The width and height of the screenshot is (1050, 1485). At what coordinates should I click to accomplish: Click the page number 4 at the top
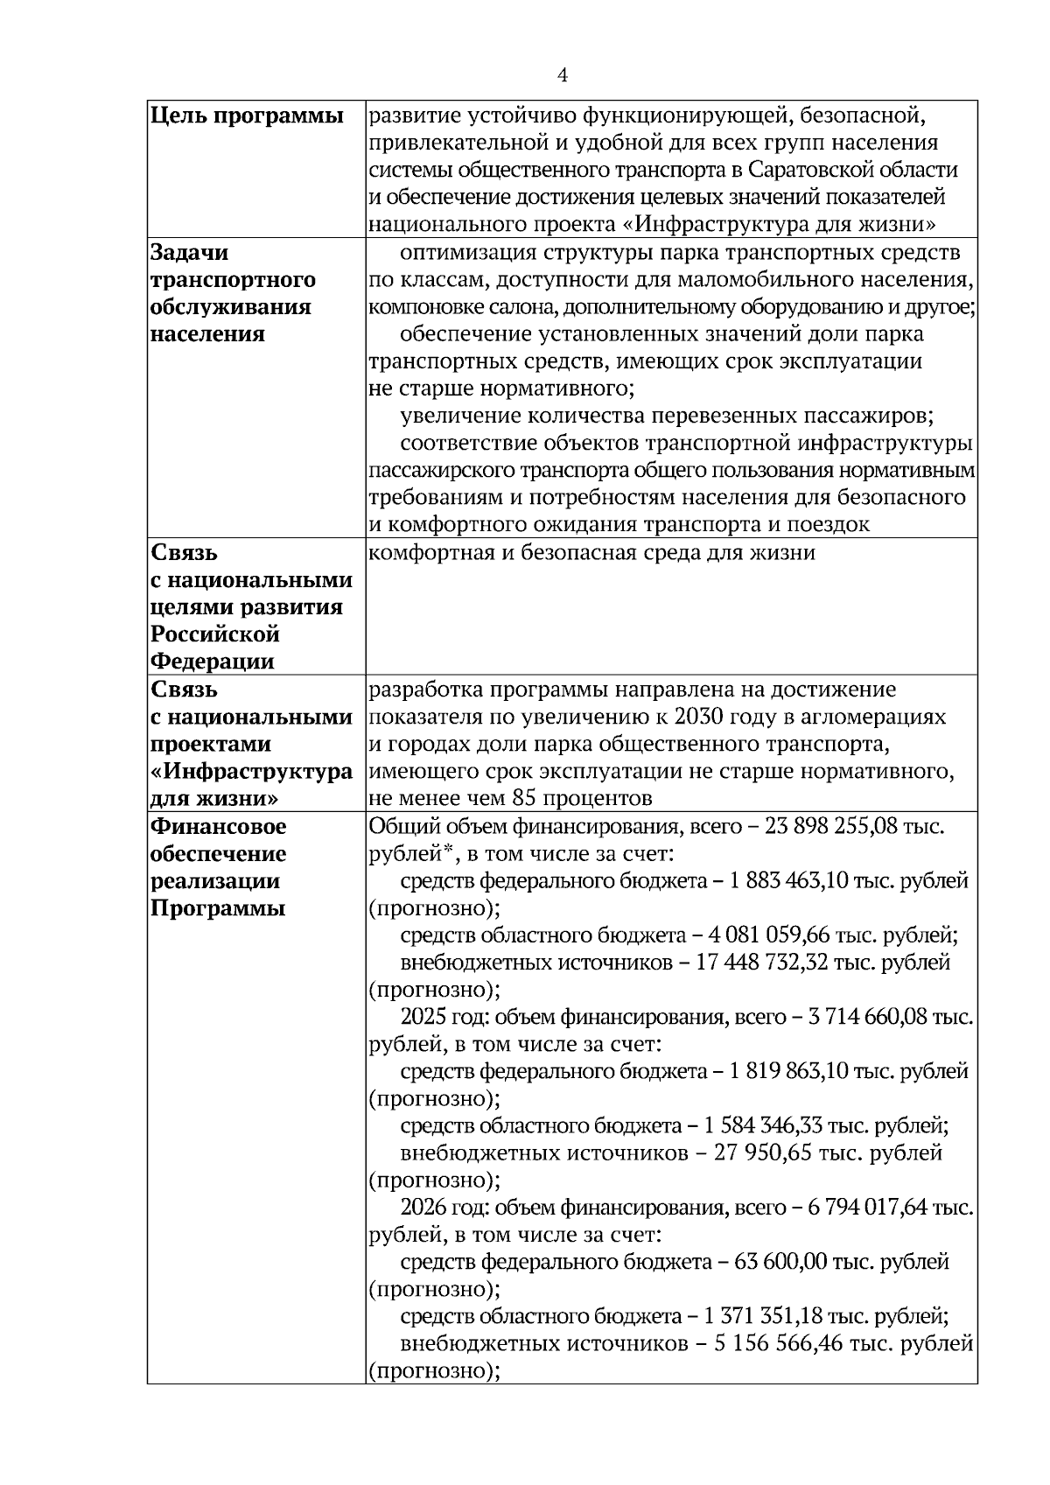[563, 76]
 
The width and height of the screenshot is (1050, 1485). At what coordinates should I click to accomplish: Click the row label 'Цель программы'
[247, 116]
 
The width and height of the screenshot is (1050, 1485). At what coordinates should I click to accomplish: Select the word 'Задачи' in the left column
[190, 253]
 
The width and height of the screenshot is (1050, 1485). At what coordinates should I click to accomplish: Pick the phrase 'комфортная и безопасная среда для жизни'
[591, 553]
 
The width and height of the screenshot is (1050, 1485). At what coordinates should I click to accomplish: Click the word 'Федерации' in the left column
[213, 662]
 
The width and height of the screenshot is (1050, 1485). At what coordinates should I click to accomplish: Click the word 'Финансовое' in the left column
[219, 827]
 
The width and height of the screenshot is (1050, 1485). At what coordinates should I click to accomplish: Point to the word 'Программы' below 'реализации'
[218, 908]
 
